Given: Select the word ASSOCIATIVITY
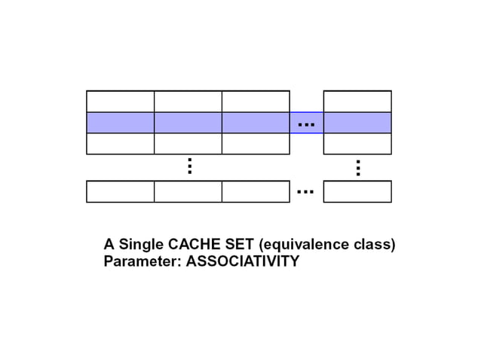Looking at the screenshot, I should (x=243, y=262).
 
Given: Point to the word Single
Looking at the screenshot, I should (x=141, y=245).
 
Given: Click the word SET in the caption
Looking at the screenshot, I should (x=240, y=245).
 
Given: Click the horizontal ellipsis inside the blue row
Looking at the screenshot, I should (x=306, y=122).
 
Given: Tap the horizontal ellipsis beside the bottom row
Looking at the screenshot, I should (x=306, y=192).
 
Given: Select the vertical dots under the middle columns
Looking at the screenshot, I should (x=189, y=166).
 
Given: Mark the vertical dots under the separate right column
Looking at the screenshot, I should (x=358, y=168).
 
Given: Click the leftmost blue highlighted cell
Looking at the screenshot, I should (x=121, y=122).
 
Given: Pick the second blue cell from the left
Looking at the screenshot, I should (x=188, y=122).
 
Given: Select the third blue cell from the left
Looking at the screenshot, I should (x=256, y=122).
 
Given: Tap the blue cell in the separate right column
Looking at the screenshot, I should (x=357, y=122).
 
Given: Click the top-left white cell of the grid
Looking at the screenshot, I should (x=121, y=101).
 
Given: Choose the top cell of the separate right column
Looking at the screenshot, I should (x=357, y=101).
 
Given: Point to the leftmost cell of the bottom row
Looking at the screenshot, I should (x=121, y=192).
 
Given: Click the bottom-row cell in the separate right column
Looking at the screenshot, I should (x=357, y=192).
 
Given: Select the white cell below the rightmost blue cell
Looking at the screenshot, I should (x=357, y=143).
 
